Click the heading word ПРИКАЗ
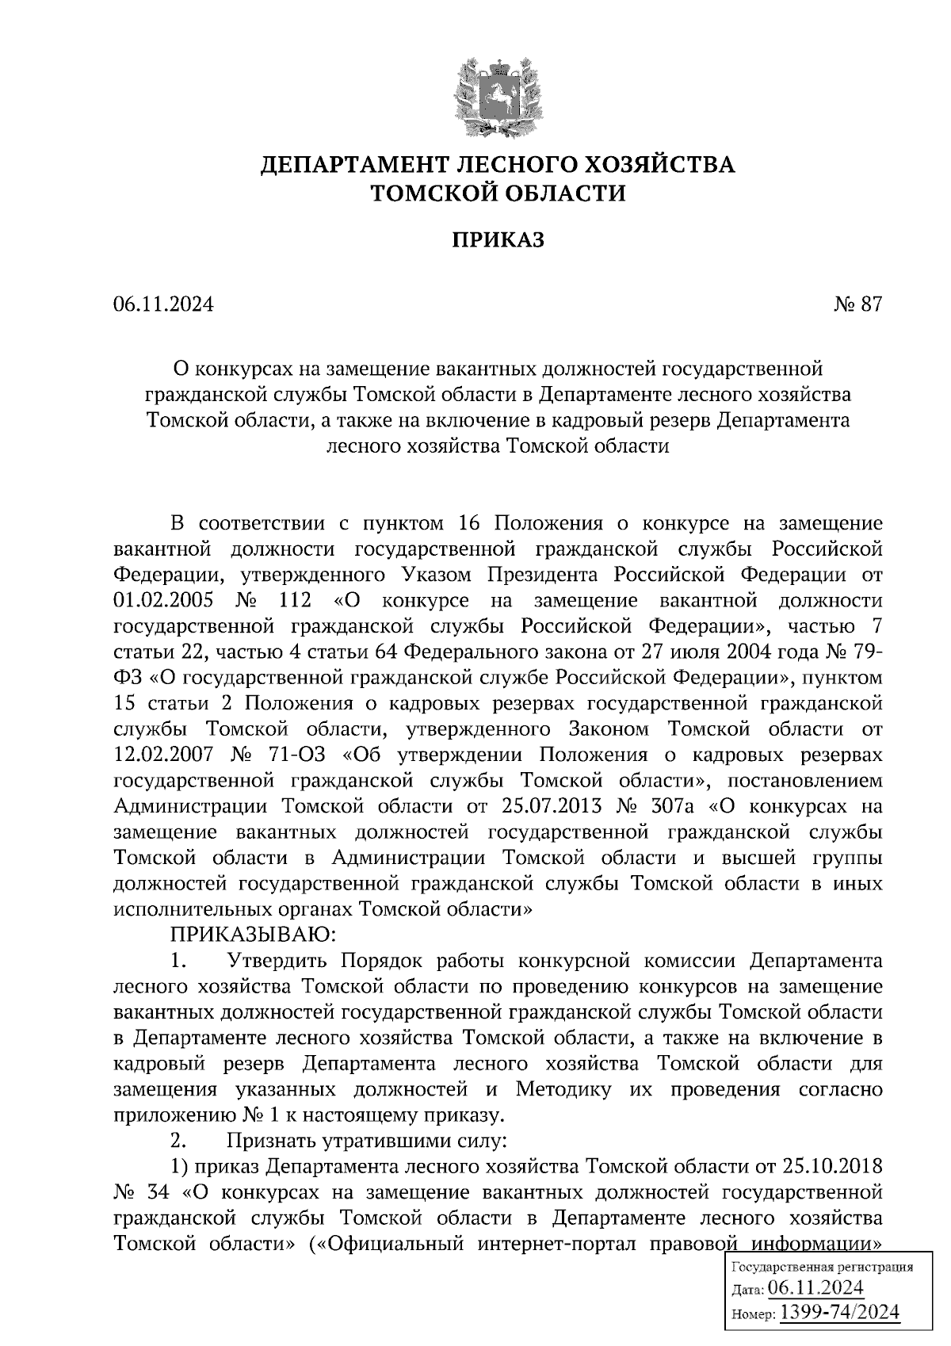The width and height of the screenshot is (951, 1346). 498,239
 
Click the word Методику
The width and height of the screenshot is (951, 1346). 563,1089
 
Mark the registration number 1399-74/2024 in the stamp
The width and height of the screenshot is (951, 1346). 840,1312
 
